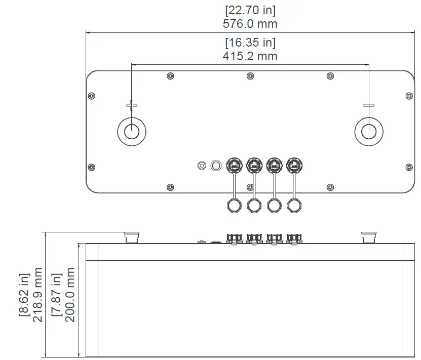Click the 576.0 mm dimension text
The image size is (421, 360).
[250, 23]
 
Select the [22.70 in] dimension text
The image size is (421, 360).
[250, 10]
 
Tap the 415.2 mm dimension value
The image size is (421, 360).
[250, 56]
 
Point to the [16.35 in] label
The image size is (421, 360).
[250, 43]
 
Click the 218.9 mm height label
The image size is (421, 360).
[37, 295]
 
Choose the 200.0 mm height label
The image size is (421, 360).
[70, 295]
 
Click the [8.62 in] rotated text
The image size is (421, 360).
[24, 295]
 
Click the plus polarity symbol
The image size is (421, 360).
[132, 106]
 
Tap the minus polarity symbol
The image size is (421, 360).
[369, 106]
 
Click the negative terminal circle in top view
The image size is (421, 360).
[369, 131]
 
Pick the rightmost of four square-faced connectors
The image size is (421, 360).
[294, 165]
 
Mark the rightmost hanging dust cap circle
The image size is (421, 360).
[294, 205]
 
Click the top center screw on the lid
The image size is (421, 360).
[250, 76]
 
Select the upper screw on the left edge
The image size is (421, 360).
[91, 96]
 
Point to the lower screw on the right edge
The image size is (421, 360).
[409, 167]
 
